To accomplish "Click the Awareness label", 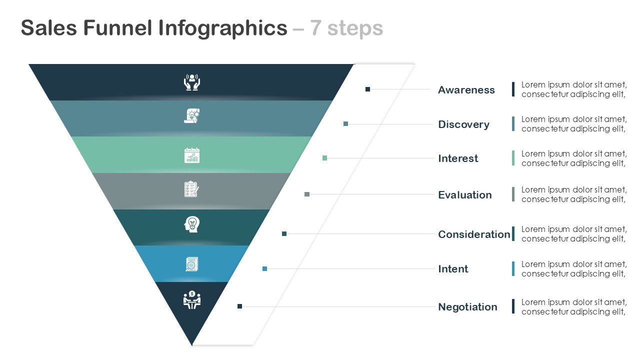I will click(466, 90).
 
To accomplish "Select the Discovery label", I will click(463, 124).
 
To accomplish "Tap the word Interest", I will click(458, 158).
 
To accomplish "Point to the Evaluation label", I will click(464, 195).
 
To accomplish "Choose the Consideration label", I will click(474, 234).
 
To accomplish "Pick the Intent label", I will click(453, 269).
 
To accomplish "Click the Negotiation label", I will click(467, 307).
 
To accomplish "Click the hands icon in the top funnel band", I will click(192, 82).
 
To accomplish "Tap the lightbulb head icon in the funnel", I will click(191, 224).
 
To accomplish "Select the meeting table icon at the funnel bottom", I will click(192, 300).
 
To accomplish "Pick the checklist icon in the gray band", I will click(191, 189).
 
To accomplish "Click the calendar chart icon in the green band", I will click(191, 155).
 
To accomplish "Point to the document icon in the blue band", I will click(191, 264).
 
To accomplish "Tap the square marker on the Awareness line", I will click(367, 89).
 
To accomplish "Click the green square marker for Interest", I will click(325, 158).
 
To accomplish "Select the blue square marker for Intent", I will click(264, 269).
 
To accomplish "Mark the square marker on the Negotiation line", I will click(239, 306).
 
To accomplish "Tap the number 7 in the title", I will click(315, 28).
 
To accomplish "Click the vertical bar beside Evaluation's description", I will click(513, 194).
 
